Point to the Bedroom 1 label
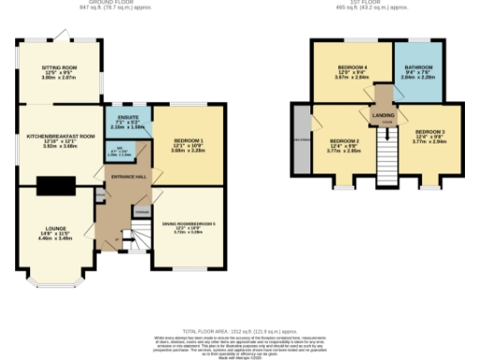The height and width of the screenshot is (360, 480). [187, 142]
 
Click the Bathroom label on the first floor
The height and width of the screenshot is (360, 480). [417, 72]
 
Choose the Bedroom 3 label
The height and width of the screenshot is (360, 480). [429, 137]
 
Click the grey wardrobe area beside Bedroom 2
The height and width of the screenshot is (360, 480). [301, 140]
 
